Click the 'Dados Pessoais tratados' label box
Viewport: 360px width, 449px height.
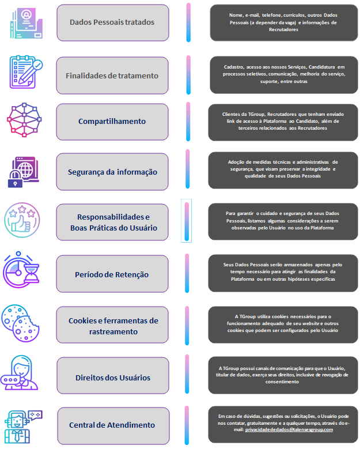pos(112,23)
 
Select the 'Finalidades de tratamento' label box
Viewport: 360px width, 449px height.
pos(112,76)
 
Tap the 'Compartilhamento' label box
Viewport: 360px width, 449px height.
pos(112,122)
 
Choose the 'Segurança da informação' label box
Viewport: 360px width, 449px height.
pos(112,172)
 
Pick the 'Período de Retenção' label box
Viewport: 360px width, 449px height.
pos(112,274)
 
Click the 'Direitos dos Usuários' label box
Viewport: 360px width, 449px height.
pos(112,378)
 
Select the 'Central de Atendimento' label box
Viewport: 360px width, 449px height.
pos(112,425)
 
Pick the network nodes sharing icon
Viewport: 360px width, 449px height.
pos(23,120)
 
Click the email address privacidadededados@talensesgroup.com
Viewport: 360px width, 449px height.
pos(289,429)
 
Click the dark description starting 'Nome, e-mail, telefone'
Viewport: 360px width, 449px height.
pos(283,22)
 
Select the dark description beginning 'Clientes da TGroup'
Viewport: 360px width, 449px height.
pos(283,121)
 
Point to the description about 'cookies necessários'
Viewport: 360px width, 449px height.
pos(283,323)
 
